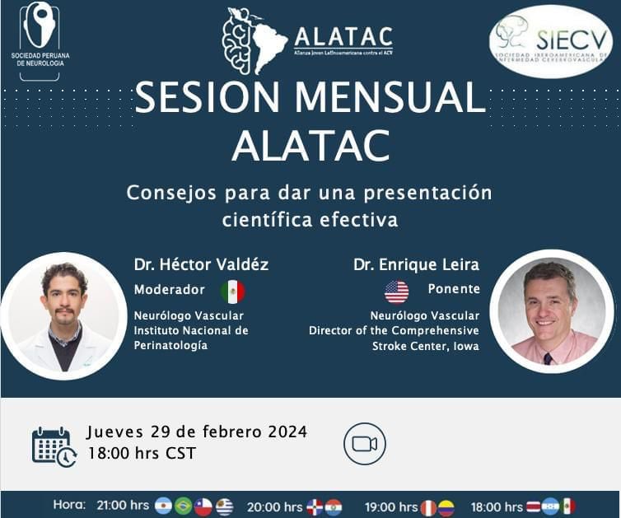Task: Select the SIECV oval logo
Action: pos(550,41)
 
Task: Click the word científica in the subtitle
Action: pos(268,220)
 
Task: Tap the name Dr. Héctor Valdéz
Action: pos(201,265)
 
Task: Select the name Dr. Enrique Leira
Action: pos(416,265)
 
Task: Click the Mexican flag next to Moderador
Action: pos(232,292)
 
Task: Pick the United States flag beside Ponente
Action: pos(396,292)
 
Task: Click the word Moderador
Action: pos(169,290)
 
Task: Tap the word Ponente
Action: pos(454,289)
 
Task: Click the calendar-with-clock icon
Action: pos(54,446)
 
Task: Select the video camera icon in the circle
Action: pos(365,444)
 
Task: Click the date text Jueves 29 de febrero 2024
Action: pos(197,432)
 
